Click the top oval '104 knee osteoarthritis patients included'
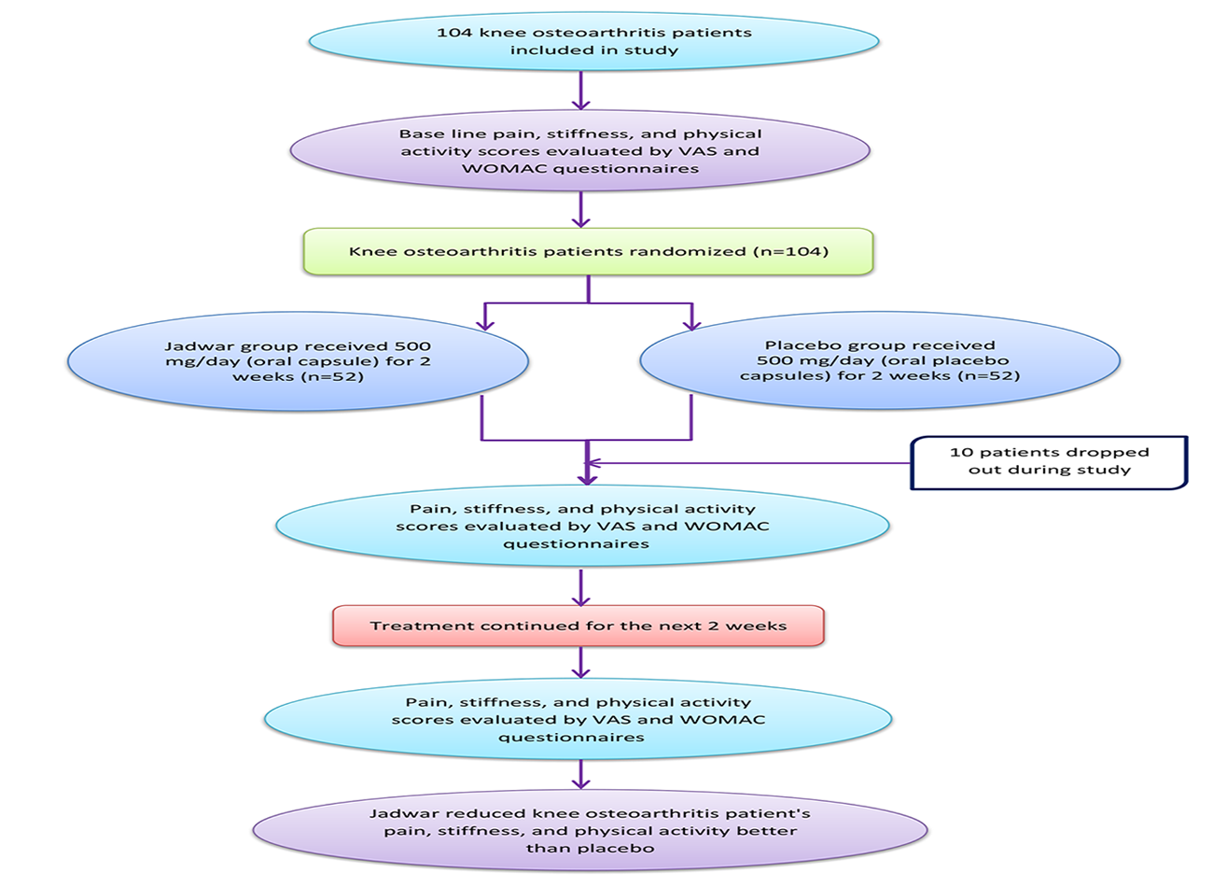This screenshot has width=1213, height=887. coord(593,41)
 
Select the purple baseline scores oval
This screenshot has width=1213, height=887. coord(579,150)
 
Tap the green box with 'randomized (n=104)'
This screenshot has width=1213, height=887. coord(588,251)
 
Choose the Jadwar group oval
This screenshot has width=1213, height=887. coord(298,361)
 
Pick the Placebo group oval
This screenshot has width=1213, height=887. coord(879,360)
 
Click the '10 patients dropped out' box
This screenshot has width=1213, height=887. coord(1049,461)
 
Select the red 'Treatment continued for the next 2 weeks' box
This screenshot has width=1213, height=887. coord(579,626)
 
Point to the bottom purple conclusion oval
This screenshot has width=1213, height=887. coord(590,830)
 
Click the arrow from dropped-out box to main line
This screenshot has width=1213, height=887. coord(746,462)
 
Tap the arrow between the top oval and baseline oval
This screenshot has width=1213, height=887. coord(580,92)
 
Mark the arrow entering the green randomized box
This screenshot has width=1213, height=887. coord(580,209)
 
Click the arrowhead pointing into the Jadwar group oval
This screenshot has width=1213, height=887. coord(483,322)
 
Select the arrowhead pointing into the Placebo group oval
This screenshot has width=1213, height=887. coord(691,322)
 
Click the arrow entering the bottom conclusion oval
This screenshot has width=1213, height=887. coord(580,773)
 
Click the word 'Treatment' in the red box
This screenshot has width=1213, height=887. coord(411,626)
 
